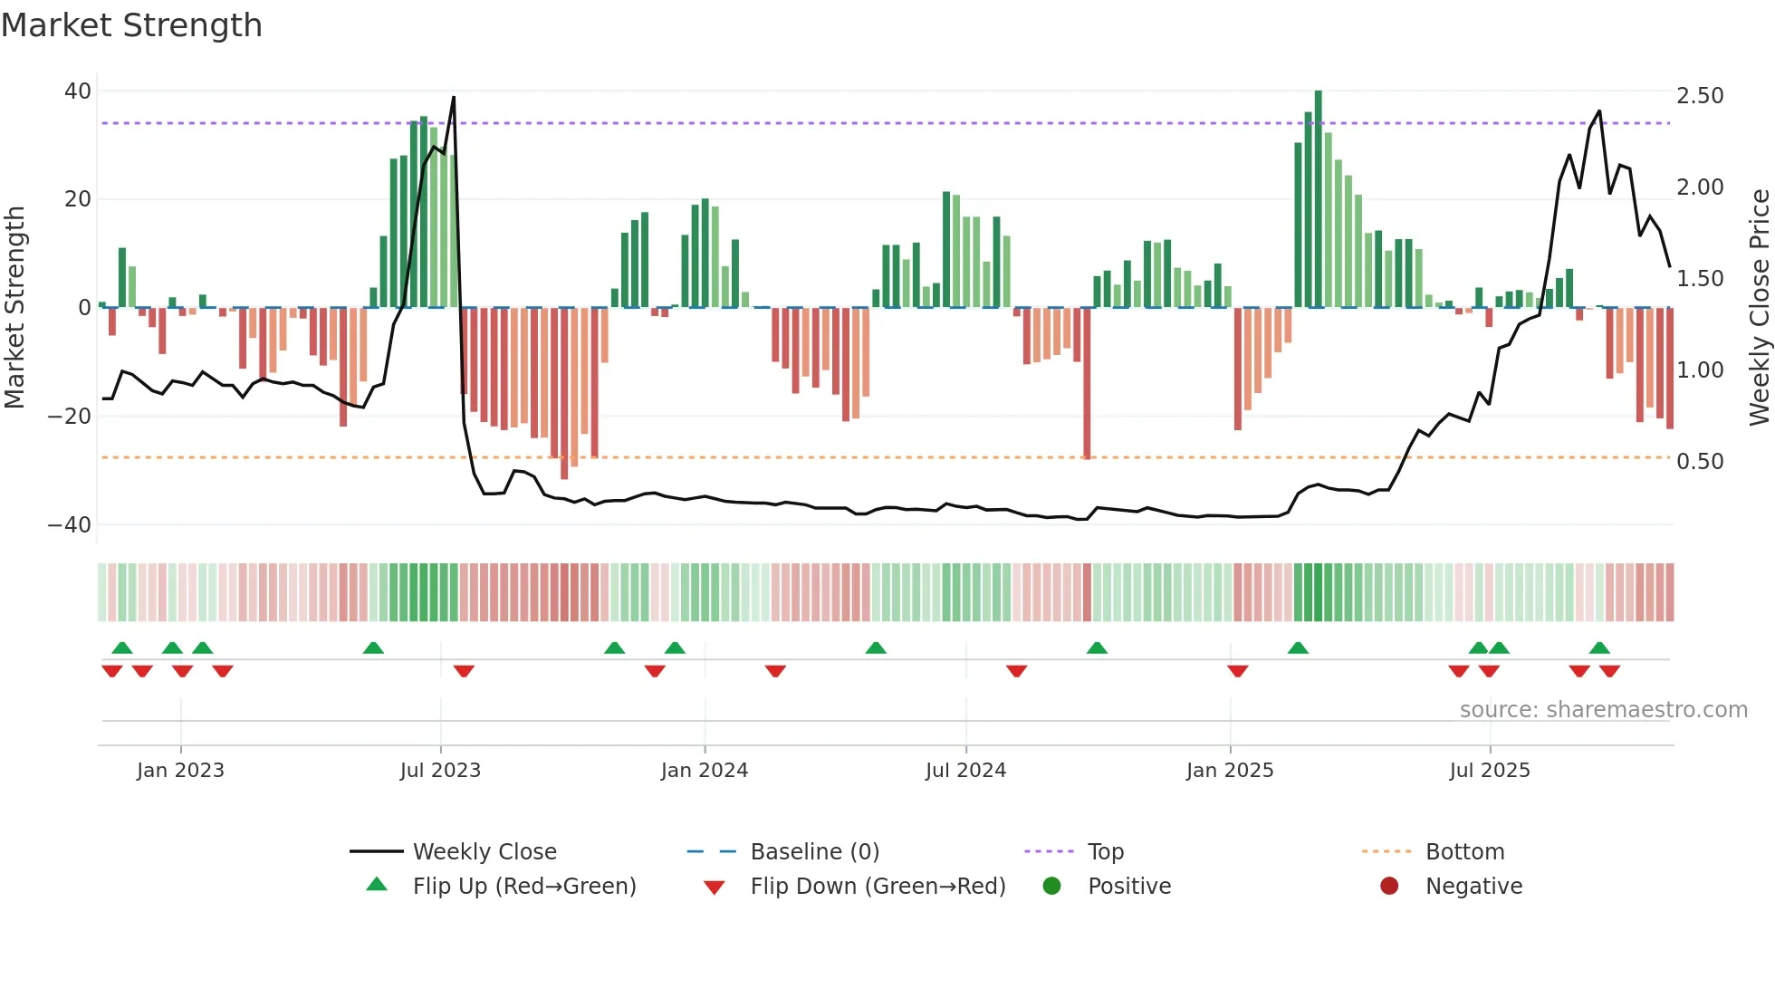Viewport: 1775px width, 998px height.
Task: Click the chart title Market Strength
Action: (131, 25)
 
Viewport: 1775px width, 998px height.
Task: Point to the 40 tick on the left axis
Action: (78, 91)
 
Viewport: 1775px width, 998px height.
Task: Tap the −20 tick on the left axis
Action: (70, 417)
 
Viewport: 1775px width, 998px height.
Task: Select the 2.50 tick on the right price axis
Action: (1700, 96)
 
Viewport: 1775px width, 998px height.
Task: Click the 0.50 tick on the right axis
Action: (1700, 462)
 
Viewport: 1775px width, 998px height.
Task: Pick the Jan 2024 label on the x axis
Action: (704, 771)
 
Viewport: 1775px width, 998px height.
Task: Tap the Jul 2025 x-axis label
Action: (1489, 771)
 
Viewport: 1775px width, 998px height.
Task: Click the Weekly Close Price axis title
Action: (1759, 308)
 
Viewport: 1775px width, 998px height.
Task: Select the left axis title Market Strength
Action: (14, 308)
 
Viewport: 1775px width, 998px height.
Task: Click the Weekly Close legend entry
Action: (484, 852)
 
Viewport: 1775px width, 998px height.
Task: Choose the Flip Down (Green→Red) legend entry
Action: (877, 887)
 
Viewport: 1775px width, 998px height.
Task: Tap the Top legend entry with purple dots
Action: (1105, 852)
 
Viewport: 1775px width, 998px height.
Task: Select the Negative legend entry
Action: (1473, 887)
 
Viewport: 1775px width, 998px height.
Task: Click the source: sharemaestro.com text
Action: (1603, 710)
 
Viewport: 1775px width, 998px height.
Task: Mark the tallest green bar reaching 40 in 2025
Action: (1318, 199)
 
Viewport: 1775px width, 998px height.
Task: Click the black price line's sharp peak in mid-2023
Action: (454, 98)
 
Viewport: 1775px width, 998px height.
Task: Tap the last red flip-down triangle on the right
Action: (1609, 671)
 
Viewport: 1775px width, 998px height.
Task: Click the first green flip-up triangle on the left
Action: (122, 648)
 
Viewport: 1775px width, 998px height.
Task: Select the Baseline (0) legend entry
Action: (814, 852)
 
